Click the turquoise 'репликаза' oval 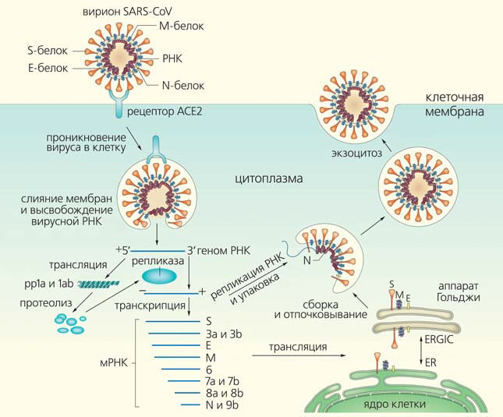coord(157,274)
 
